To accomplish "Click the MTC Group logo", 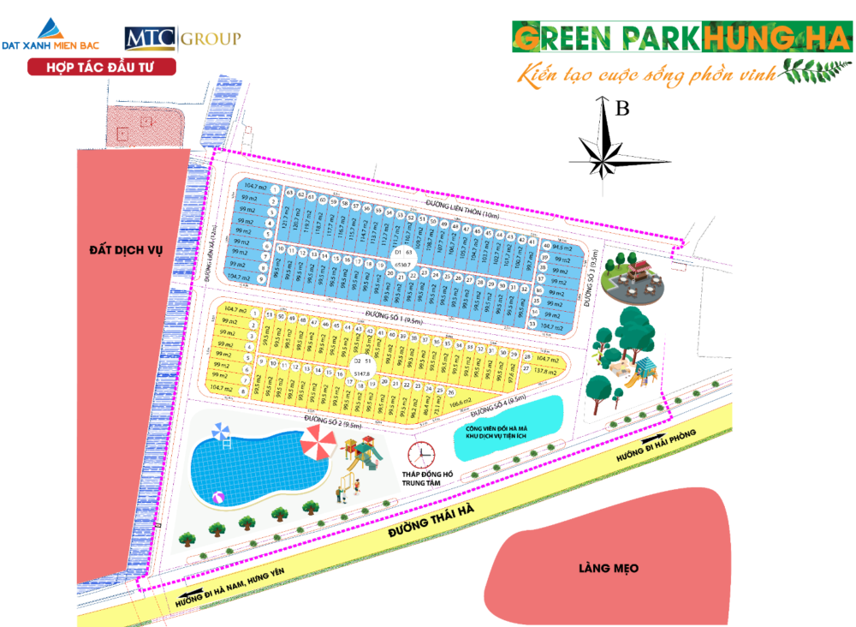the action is point(181,39).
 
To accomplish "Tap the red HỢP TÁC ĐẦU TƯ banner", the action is point(102,67).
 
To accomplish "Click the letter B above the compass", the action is point(622,109).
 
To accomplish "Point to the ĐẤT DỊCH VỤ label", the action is point(131,249).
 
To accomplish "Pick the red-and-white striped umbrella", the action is point(318,445).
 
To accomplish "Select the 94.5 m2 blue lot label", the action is point(562,247).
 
